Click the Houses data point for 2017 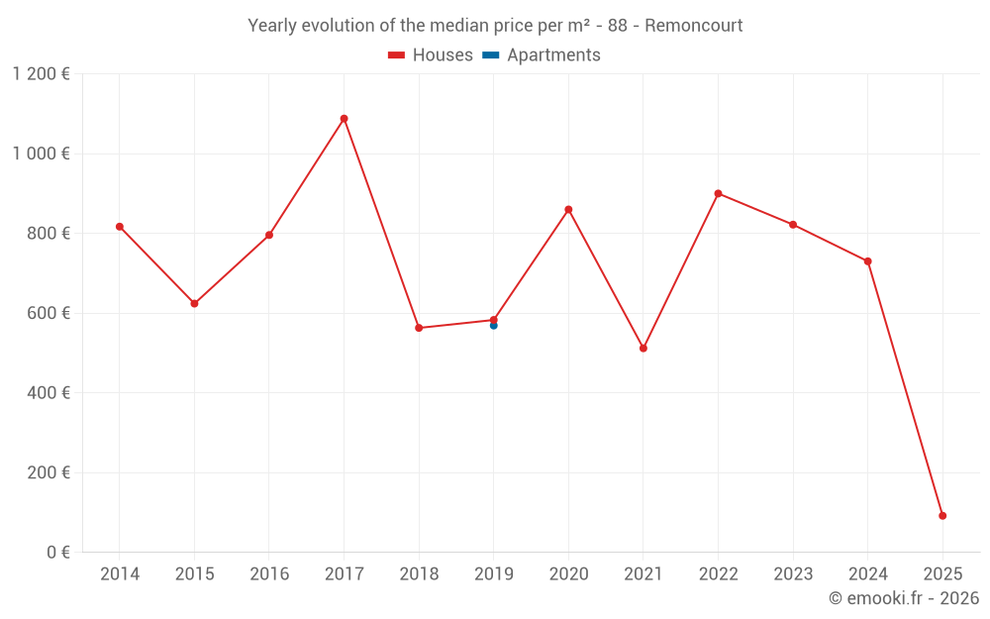pyautogui.click(x=344, y=119)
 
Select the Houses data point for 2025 pyautogui.click(x=942, y=516)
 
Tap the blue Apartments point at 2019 pyautogui.click(x=493, y=326)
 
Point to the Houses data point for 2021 pyautogui.click(x=643, y=349)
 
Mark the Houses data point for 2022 pyautogui.click(x=718, y=193)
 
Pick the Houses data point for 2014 pyautogui.click(x=120, y=227)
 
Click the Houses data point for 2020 pyautogui.click(x=568, y=210)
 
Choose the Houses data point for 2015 pyautogui.click(x=194, y=304)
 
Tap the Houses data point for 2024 pyautogui.click(x=868, y=261)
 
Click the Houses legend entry pyautogui.click(x=431, y=55)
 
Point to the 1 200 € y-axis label pyautogui.click(x=42, y=74)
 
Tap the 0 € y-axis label pyautogui.click(x=57, y=552)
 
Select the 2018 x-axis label pyautogui.click(x=419, y=574)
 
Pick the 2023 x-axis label pyautogui.click(x=793, y=574)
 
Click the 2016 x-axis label pyautogui.click(x=269, y=574)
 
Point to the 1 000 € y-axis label pyautogui.click(x=42, y=154)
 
